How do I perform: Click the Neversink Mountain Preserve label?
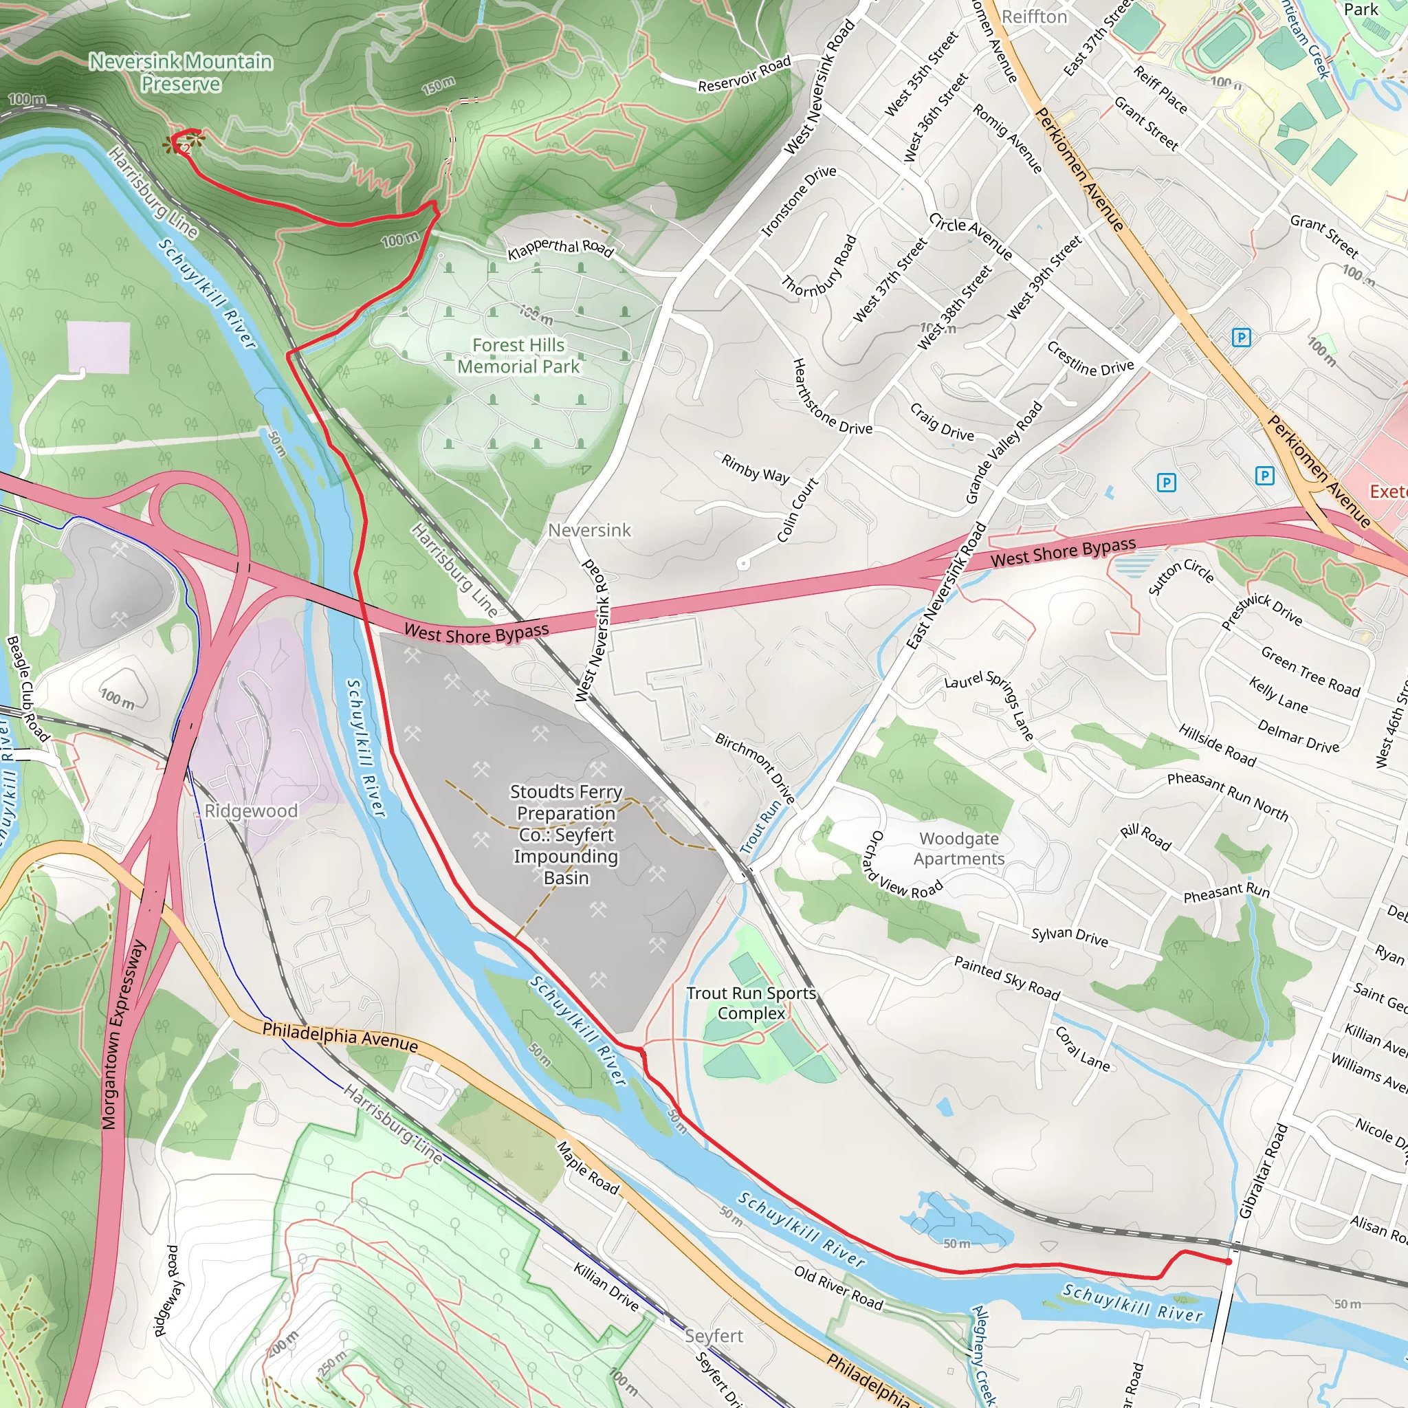click(x=180, y=72)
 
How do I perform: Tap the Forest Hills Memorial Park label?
click(x=518, y=355)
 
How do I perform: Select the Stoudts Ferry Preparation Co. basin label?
click(x=566, y=834)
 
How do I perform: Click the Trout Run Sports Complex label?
click(x=751, y=1003)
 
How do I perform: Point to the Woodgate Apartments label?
click(x=958, y=848)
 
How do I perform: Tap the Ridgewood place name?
click(x=251, y=811)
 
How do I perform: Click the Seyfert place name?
click(x=714, y=1335)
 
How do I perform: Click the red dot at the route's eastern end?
click(x=1228, y=1262)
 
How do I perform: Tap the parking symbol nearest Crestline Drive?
click(x=1241, y=338)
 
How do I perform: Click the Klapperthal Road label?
click(x=560, y=248)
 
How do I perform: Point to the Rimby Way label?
click(x=755, y=469)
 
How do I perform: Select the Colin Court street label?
click(x=797, y=509)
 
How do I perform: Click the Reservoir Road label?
click(x=744, y=74)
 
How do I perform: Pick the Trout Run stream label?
click(x=760, y=827)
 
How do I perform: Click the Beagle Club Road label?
click(x=27, y=688)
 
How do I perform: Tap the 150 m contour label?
click(x=438, y=86)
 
